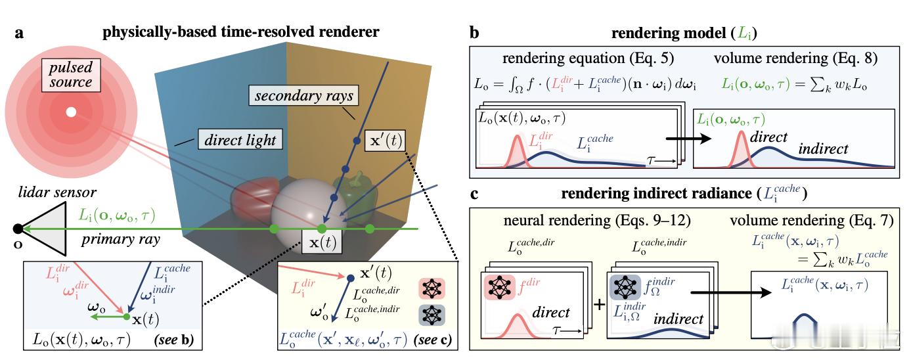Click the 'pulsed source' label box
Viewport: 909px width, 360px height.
pyautogui.click(x=71, y=75)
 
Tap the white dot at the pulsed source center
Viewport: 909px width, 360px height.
pyautogui.click(x=71, y=112)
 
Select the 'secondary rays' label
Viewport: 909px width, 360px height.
pyautogui.click(x=304, y=96)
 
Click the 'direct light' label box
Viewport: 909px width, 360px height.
pyautogui.click(x=240, y=140)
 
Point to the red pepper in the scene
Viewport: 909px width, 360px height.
pyautogui.click(x=254, y=197)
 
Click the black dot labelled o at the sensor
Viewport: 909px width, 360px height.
pyautogui.click(x=18, y=229)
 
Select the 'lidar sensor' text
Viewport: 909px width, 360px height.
pyautogui.click(x=57, y=192)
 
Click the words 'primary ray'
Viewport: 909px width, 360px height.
pyautogui.click(x=121, y=240)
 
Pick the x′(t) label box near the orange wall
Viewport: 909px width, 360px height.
pyautogui.click(x=386, y=141)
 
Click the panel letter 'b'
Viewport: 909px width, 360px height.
pyautogui.click(x=474, y=32)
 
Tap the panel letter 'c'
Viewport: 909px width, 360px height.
pyautogui.click(x=474, y=194)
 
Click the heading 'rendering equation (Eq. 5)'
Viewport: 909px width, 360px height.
pyautogui.click(x=588, y=58)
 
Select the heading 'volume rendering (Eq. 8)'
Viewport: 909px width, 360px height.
pyautogui.click(x=796, y=58)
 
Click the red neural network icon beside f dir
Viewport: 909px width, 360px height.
pyautogui.click(x=500, y=287)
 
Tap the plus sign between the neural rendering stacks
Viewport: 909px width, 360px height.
pyautogui.click(x=600, y=304)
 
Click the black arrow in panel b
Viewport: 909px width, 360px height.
pyautogui.click(x=689, y=139)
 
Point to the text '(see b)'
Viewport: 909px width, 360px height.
pyautogui.click(x=174, y=339)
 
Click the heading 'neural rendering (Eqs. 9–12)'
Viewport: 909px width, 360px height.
pyautogui.click(x=597, y=220)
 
